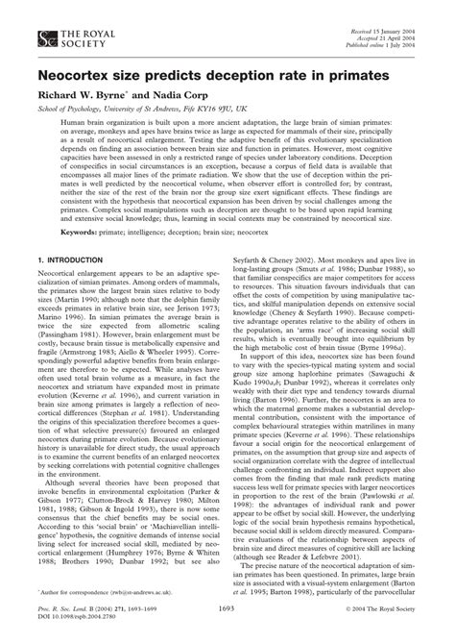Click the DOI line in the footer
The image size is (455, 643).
tap(76, 617)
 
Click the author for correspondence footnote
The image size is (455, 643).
tap(90, 589)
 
